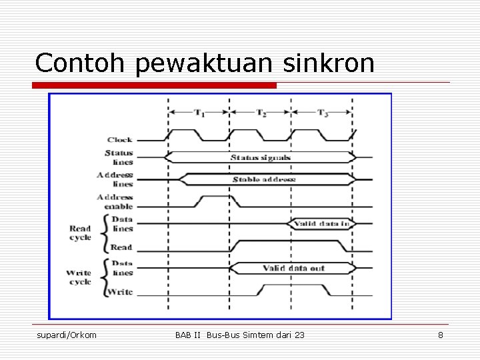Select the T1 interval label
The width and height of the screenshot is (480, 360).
tap(199, 112)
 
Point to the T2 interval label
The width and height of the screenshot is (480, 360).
tap(261, 112)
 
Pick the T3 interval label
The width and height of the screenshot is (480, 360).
tap(323, 112)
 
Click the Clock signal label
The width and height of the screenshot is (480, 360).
tap(120, 139)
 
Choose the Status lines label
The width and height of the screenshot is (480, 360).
tap(119, 157)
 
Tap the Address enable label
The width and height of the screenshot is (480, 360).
tap(115, 201)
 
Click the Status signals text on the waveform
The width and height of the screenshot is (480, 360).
tap(261, 158)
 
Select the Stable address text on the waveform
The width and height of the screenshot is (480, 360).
tap(264, 179)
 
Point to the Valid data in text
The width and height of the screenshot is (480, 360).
tap(322, 223)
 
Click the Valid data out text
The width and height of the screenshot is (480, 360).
tap(293, 268)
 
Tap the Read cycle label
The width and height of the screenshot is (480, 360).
tap(80, 233)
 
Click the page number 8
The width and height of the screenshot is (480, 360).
tap(440, 335)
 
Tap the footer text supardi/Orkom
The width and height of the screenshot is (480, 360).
tap(67, 335)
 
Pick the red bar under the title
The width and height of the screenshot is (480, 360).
tap(155, 85)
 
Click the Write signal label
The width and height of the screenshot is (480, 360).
tap(121, 292)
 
